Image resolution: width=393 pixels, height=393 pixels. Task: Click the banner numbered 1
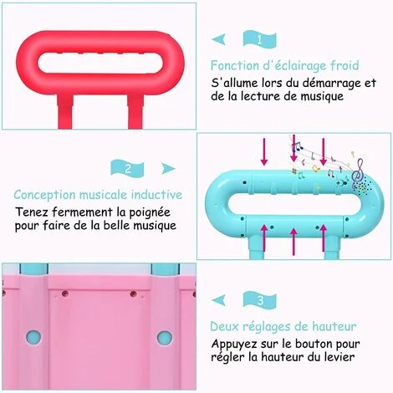pos(260,39)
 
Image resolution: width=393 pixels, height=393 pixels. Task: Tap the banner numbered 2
pos(127,168)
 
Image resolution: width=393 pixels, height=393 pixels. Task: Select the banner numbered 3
pos(260,300)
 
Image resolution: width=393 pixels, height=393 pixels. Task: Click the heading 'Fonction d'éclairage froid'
pos(284,66)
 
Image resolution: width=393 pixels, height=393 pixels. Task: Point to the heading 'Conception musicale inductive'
pos(98,195)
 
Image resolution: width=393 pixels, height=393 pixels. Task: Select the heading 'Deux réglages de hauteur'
pos(283,326)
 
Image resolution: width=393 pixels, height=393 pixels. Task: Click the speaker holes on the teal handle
pos(363,187)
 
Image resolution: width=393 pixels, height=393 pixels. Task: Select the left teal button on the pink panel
pos(33,337)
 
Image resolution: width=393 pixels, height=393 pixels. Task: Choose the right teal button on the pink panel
pos(165,337)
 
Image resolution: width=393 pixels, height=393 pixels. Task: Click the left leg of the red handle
pos(65,111)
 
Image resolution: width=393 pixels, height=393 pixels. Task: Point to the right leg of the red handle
pos(136,111)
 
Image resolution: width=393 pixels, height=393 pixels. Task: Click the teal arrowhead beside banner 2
pos(168,168)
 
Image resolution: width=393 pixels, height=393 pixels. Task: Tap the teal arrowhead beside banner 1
pos(218,39)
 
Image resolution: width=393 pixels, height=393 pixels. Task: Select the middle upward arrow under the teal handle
pos(293,242)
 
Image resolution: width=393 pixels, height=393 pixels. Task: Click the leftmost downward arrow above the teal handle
pos(264,152)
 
